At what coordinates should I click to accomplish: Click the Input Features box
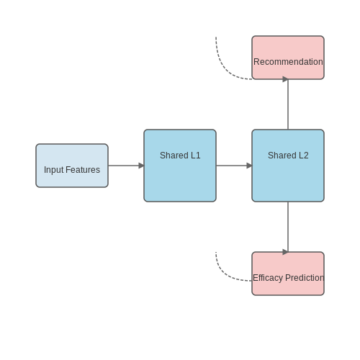point(72,166)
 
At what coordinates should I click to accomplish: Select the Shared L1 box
point(180,166)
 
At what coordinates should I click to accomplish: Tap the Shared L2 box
point(288,166)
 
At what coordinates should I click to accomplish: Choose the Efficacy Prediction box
point(288,274)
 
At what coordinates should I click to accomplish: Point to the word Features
point(83,170)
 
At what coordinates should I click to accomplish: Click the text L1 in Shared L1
point(196,156)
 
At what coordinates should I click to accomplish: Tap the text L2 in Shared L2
point(304,156)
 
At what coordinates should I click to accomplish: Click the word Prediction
point(305,278)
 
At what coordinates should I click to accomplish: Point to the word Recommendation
point(288,62)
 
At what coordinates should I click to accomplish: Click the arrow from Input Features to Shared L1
point(126,166)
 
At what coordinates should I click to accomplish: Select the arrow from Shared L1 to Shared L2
point(234,166)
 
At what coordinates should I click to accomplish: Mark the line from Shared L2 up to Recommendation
point(288,104)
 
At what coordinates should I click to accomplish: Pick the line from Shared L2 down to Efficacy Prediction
point(288,227)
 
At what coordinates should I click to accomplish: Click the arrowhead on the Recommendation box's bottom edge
point(285,79)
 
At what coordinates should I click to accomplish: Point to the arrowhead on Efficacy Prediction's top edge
point(285,252)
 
